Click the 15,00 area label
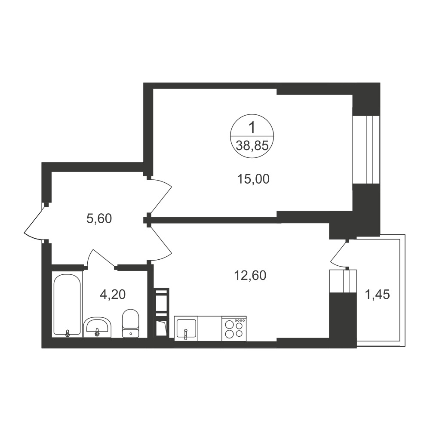[x=253, y=179]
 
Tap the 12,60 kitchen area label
[x=250, y=275]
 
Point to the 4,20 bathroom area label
[x=113, y=295]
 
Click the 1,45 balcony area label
[x=377, y=295]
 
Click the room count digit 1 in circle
[x=252, y=128]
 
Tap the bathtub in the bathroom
[x=67, y=305]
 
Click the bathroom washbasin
[x=97, y=328]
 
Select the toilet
[x=131, y=324]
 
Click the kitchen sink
[x=186, y=329]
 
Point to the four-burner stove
[x=234, y=329]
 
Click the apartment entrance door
[x=34, y=222]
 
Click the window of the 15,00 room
[x=366, y=150]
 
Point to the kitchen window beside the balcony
[x=343, y=281]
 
